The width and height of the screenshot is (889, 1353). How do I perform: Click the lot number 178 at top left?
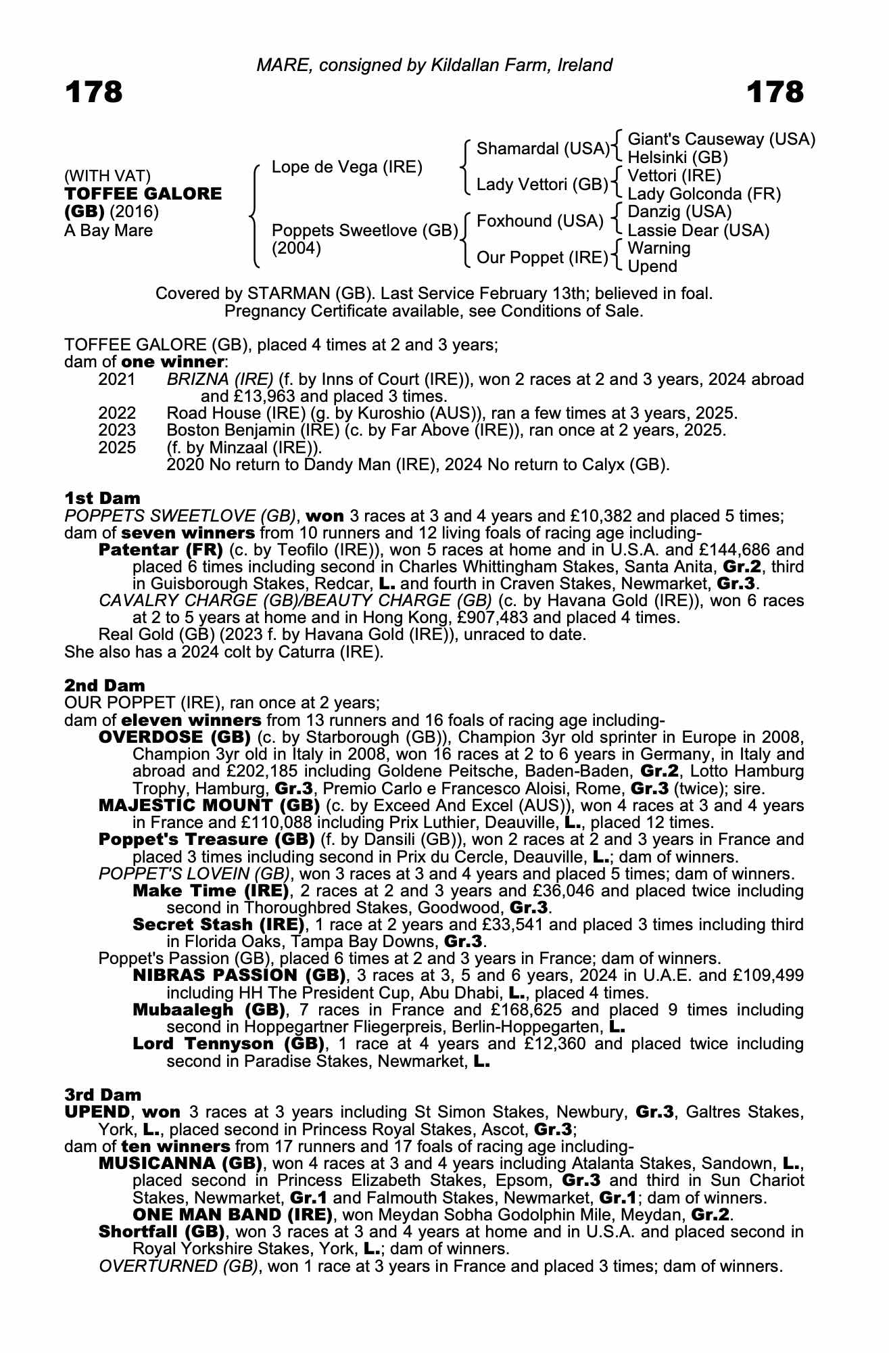(94, 92)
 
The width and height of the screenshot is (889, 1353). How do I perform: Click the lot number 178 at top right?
(775, 92)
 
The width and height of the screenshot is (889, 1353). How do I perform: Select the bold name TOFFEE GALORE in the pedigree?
(143, 194)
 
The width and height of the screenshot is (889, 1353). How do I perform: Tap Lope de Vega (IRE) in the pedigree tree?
(347, 167)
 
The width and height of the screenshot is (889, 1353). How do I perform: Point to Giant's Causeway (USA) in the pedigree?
(721, 139)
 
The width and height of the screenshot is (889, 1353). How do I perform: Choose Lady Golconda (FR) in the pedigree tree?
(704, 195)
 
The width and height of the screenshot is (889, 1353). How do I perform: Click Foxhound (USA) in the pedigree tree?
(540, 221)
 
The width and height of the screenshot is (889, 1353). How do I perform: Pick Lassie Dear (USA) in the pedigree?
(698, 231)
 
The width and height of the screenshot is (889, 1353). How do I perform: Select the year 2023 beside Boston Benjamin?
(117, 430)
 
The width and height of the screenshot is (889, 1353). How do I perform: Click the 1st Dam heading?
(103, 499)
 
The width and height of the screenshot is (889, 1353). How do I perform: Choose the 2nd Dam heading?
(105, 686)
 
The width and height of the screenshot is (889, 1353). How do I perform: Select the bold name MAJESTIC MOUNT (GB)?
(210, 806)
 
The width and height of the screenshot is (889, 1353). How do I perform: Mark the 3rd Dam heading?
(103, 1095)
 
